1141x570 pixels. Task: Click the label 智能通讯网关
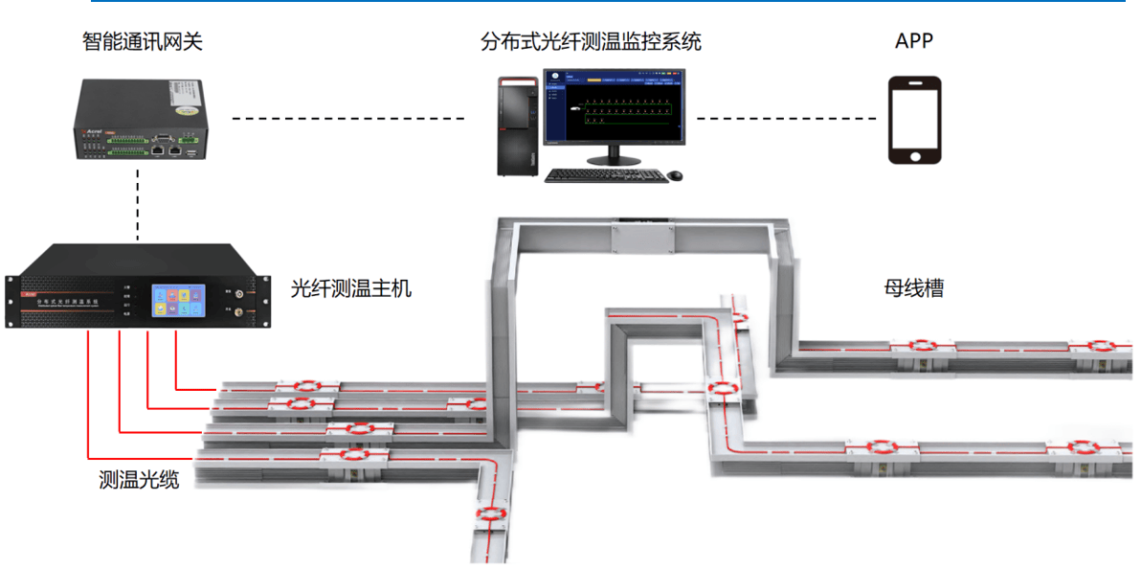click(x=143, y=41)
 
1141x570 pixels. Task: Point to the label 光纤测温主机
click(x=351, y=287)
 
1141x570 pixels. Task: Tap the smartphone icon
click(x=914, y=120)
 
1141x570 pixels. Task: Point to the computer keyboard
click(x=605, y=175)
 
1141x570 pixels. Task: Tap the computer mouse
click(x=675, y=175)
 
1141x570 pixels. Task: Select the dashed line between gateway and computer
click(x=348, y=119)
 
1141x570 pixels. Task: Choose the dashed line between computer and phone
click(x=785, y=119)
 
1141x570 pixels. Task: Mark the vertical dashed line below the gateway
click(x=139, y=203)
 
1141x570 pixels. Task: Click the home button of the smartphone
click(x=914, y=155)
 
